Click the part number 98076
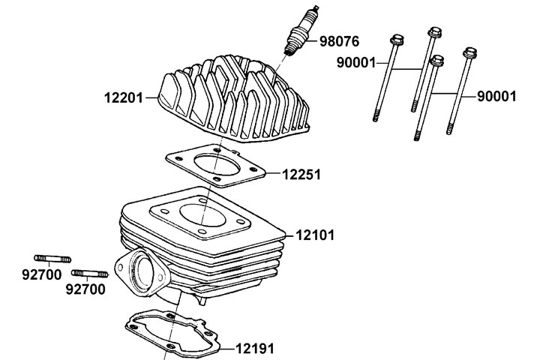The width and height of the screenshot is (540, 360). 339,41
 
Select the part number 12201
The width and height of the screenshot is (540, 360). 124,97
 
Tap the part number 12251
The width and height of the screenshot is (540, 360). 301,174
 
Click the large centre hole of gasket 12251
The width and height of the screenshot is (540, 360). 217,166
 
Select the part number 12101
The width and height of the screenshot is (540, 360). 315,235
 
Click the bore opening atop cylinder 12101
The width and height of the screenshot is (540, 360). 202,215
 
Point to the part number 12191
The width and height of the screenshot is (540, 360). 255,349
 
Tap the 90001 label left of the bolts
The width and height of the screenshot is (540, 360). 356,63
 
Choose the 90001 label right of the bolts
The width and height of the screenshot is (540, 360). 496,97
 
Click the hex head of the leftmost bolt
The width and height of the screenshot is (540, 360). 397,40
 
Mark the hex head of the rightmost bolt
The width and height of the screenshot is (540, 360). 469,52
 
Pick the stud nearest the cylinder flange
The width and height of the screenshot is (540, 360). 90,274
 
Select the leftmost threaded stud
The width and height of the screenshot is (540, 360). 52,259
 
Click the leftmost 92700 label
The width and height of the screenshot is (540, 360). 42,274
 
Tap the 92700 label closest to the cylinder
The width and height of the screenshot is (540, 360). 85,289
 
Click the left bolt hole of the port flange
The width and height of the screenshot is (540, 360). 121,267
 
